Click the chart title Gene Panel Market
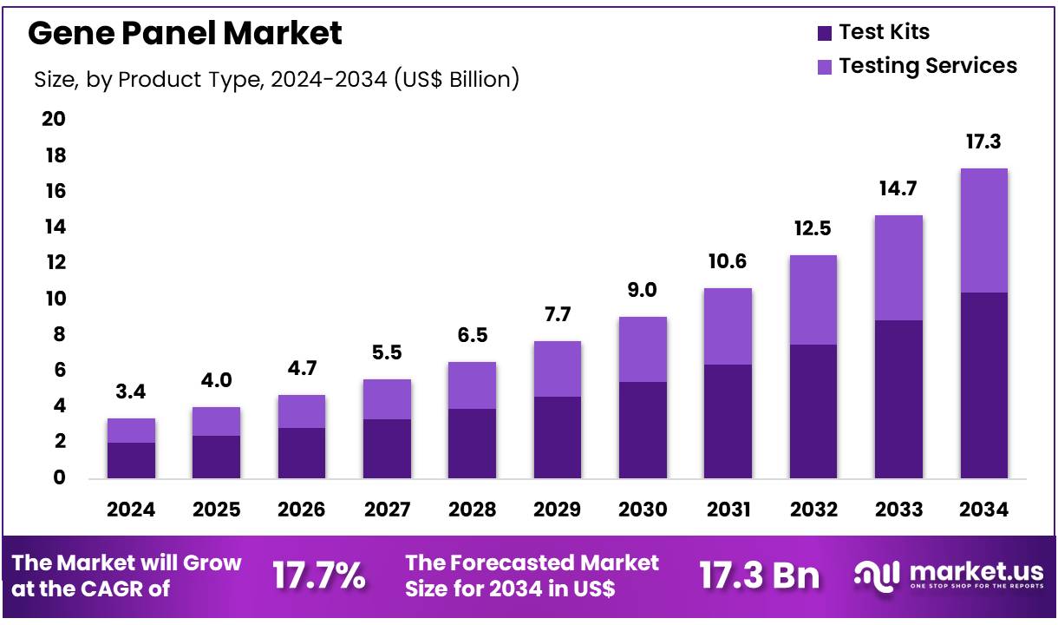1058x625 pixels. click(186, 34)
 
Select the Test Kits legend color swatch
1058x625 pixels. click(824, 34)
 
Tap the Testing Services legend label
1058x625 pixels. click(928, 66)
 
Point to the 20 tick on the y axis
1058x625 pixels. click(54, 119)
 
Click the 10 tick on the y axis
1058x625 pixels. click(54, 299)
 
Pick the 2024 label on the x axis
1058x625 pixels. click(131, 510)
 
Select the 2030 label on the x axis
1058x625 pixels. click(643, 510)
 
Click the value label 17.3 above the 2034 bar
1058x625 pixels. click(983, 141)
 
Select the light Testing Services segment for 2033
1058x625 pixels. click(898, 267)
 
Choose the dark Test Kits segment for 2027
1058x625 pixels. click(387, 448)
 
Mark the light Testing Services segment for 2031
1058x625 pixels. click(728, 326)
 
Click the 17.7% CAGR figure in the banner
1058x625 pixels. click(319, 576)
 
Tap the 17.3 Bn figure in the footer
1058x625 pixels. click(759, 576)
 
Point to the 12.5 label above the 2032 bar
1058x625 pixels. click(813, 229)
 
